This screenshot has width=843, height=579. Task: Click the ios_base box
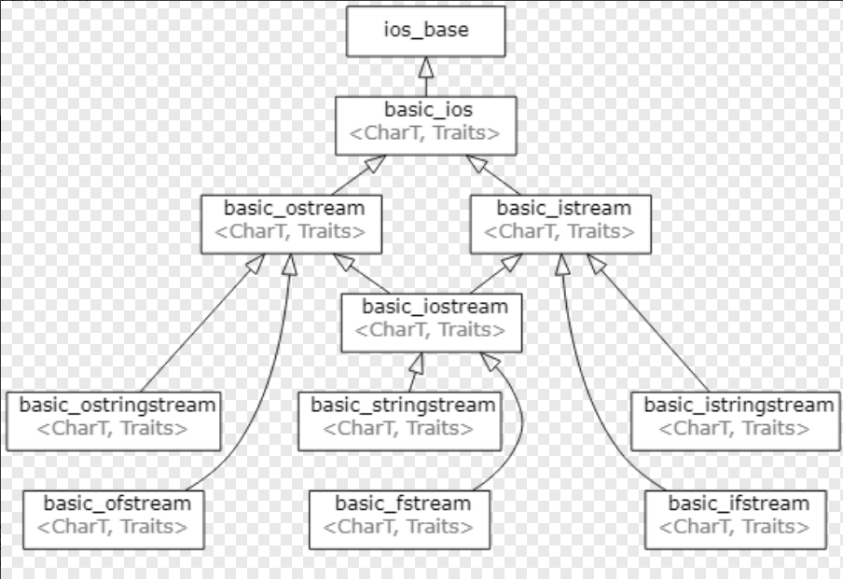[426, 32]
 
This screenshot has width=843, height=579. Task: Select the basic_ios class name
[428, 111]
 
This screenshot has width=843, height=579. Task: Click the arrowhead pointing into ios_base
[426, 68]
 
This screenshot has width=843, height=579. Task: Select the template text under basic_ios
[424, 133]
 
